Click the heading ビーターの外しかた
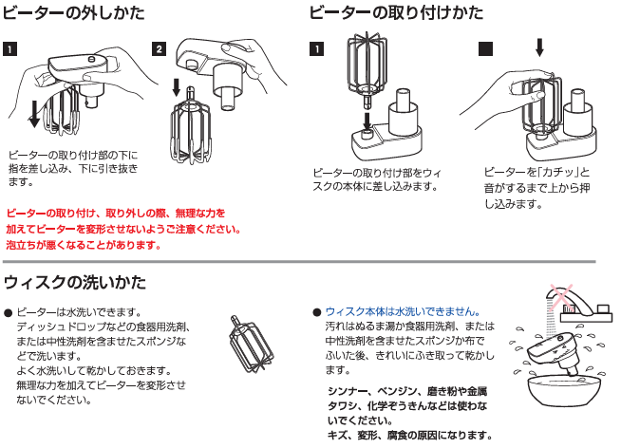76,13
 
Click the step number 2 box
160,48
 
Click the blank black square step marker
485,48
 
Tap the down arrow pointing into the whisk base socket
369,120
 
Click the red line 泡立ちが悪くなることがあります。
83,245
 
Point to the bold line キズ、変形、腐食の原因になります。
409,436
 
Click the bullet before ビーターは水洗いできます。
9,312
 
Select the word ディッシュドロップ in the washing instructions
57,327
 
